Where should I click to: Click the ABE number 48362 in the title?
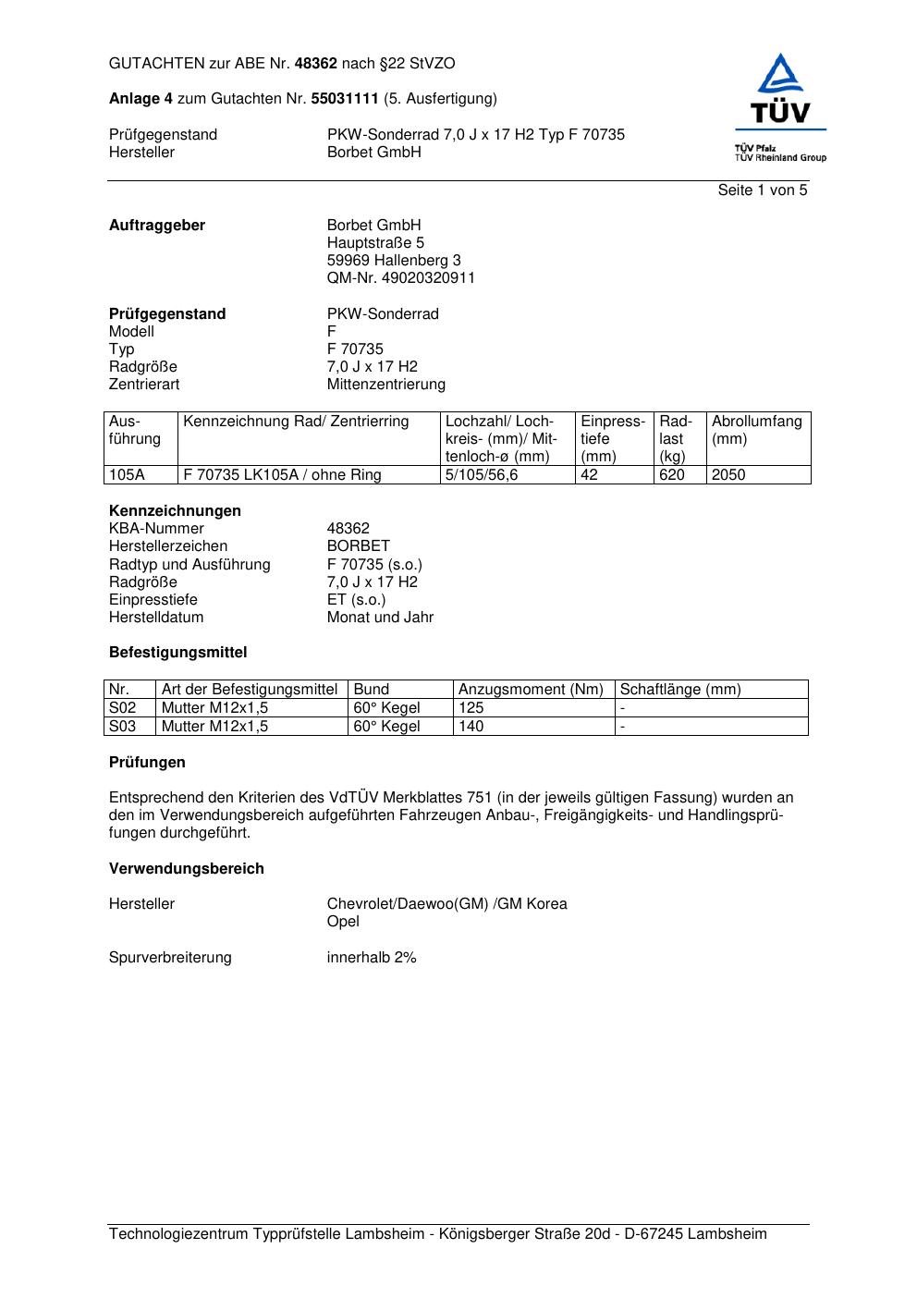(x=315, y=64)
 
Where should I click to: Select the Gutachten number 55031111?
(x=345, y=99)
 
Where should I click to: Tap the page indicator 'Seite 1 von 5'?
(x=762, y=190)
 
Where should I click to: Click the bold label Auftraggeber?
(x=157, y=226)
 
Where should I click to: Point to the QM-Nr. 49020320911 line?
(x=400, y=278)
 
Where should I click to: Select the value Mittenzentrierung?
(x=385, y=385)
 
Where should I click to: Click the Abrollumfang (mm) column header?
(x=756, y=430)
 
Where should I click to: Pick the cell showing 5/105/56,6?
(x=482, y=475)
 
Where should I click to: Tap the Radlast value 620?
(x=672, y=475)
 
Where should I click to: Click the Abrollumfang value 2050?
(x=728, y=475)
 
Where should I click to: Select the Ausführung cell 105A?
(x=127, y=475)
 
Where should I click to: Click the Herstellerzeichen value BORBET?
(x=358, y=546)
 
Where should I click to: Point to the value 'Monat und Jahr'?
(x=380, y=618)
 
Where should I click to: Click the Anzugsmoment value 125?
(x=471, y=708)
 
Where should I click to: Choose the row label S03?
(x=122, y=727)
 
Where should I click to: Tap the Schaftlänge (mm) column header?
(x=680, y=690)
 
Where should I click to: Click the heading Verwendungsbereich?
(x=187, y=869)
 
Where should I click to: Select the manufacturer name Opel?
(x=343, y=922)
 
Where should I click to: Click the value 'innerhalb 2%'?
(x=372, y=958)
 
